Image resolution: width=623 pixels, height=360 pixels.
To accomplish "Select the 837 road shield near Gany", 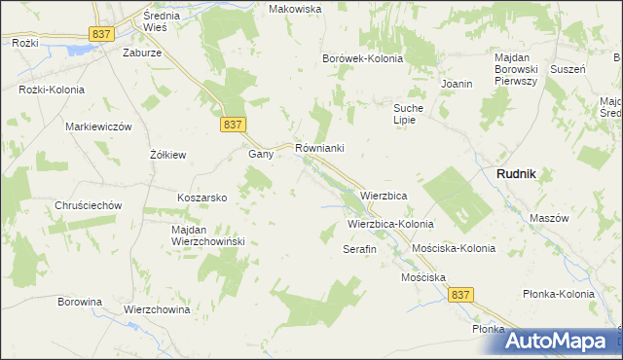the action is coord(233,125).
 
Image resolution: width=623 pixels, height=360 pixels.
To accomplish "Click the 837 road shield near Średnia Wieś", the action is coord(102,34).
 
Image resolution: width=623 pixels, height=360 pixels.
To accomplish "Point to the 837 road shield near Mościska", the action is coord(461,294).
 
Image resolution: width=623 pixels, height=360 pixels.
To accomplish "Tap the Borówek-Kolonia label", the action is coord(363,58).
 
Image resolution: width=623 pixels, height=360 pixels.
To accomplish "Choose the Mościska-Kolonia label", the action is coord(454,249).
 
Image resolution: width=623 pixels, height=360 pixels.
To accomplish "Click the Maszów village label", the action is coord(548,218).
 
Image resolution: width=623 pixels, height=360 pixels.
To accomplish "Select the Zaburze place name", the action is coord(142,54).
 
